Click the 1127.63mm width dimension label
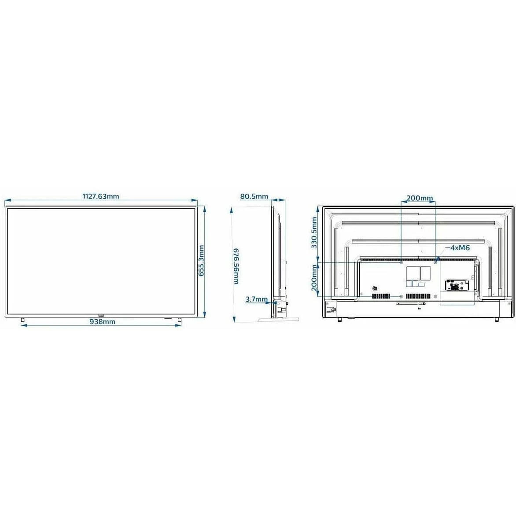101,196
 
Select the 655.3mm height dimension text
201,261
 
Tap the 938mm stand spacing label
102,322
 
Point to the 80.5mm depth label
254,196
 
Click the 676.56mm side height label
236,266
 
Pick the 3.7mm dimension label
256,299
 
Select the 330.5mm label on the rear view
314,233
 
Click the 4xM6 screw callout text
460,248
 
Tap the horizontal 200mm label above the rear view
419,198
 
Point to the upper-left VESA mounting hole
401,262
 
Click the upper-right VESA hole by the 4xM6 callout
435,262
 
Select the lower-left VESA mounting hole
401,296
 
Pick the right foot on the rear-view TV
497,319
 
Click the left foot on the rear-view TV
339,319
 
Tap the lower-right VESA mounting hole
435,296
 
